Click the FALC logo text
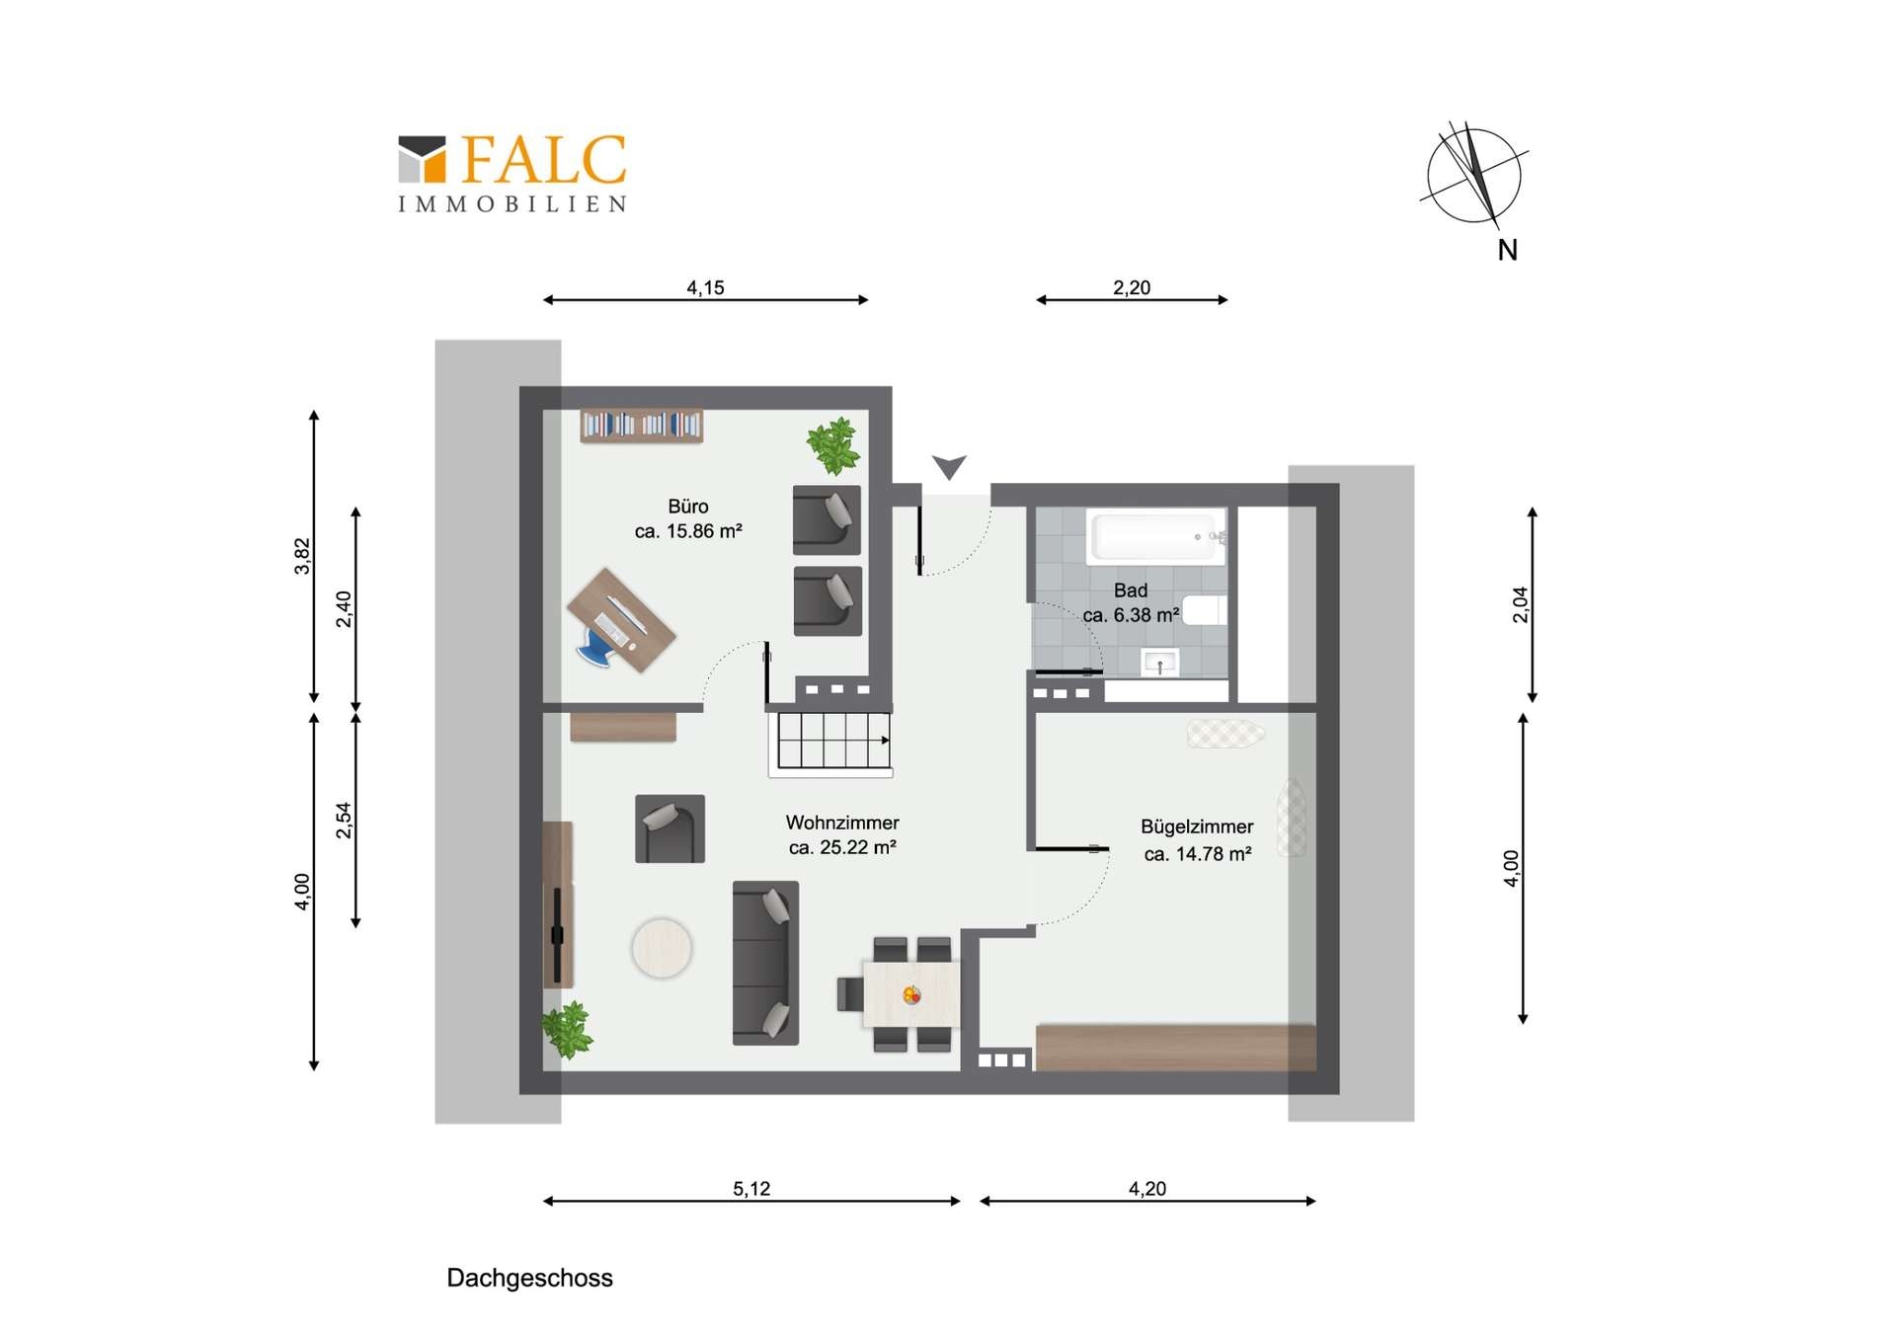543,159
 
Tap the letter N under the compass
1507,251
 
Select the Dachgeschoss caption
529,1278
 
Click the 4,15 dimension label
705,287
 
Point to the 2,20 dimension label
1132,287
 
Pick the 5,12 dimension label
751,1189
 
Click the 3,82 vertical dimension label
302,556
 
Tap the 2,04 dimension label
1521,604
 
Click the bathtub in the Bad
1156,536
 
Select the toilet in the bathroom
1205,609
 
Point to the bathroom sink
1159,663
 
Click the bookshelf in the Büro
642,426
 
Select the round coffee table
662,948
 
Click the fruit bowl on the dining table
911,995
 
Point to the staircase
830,743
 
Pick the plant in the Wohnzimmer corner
567,1030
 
